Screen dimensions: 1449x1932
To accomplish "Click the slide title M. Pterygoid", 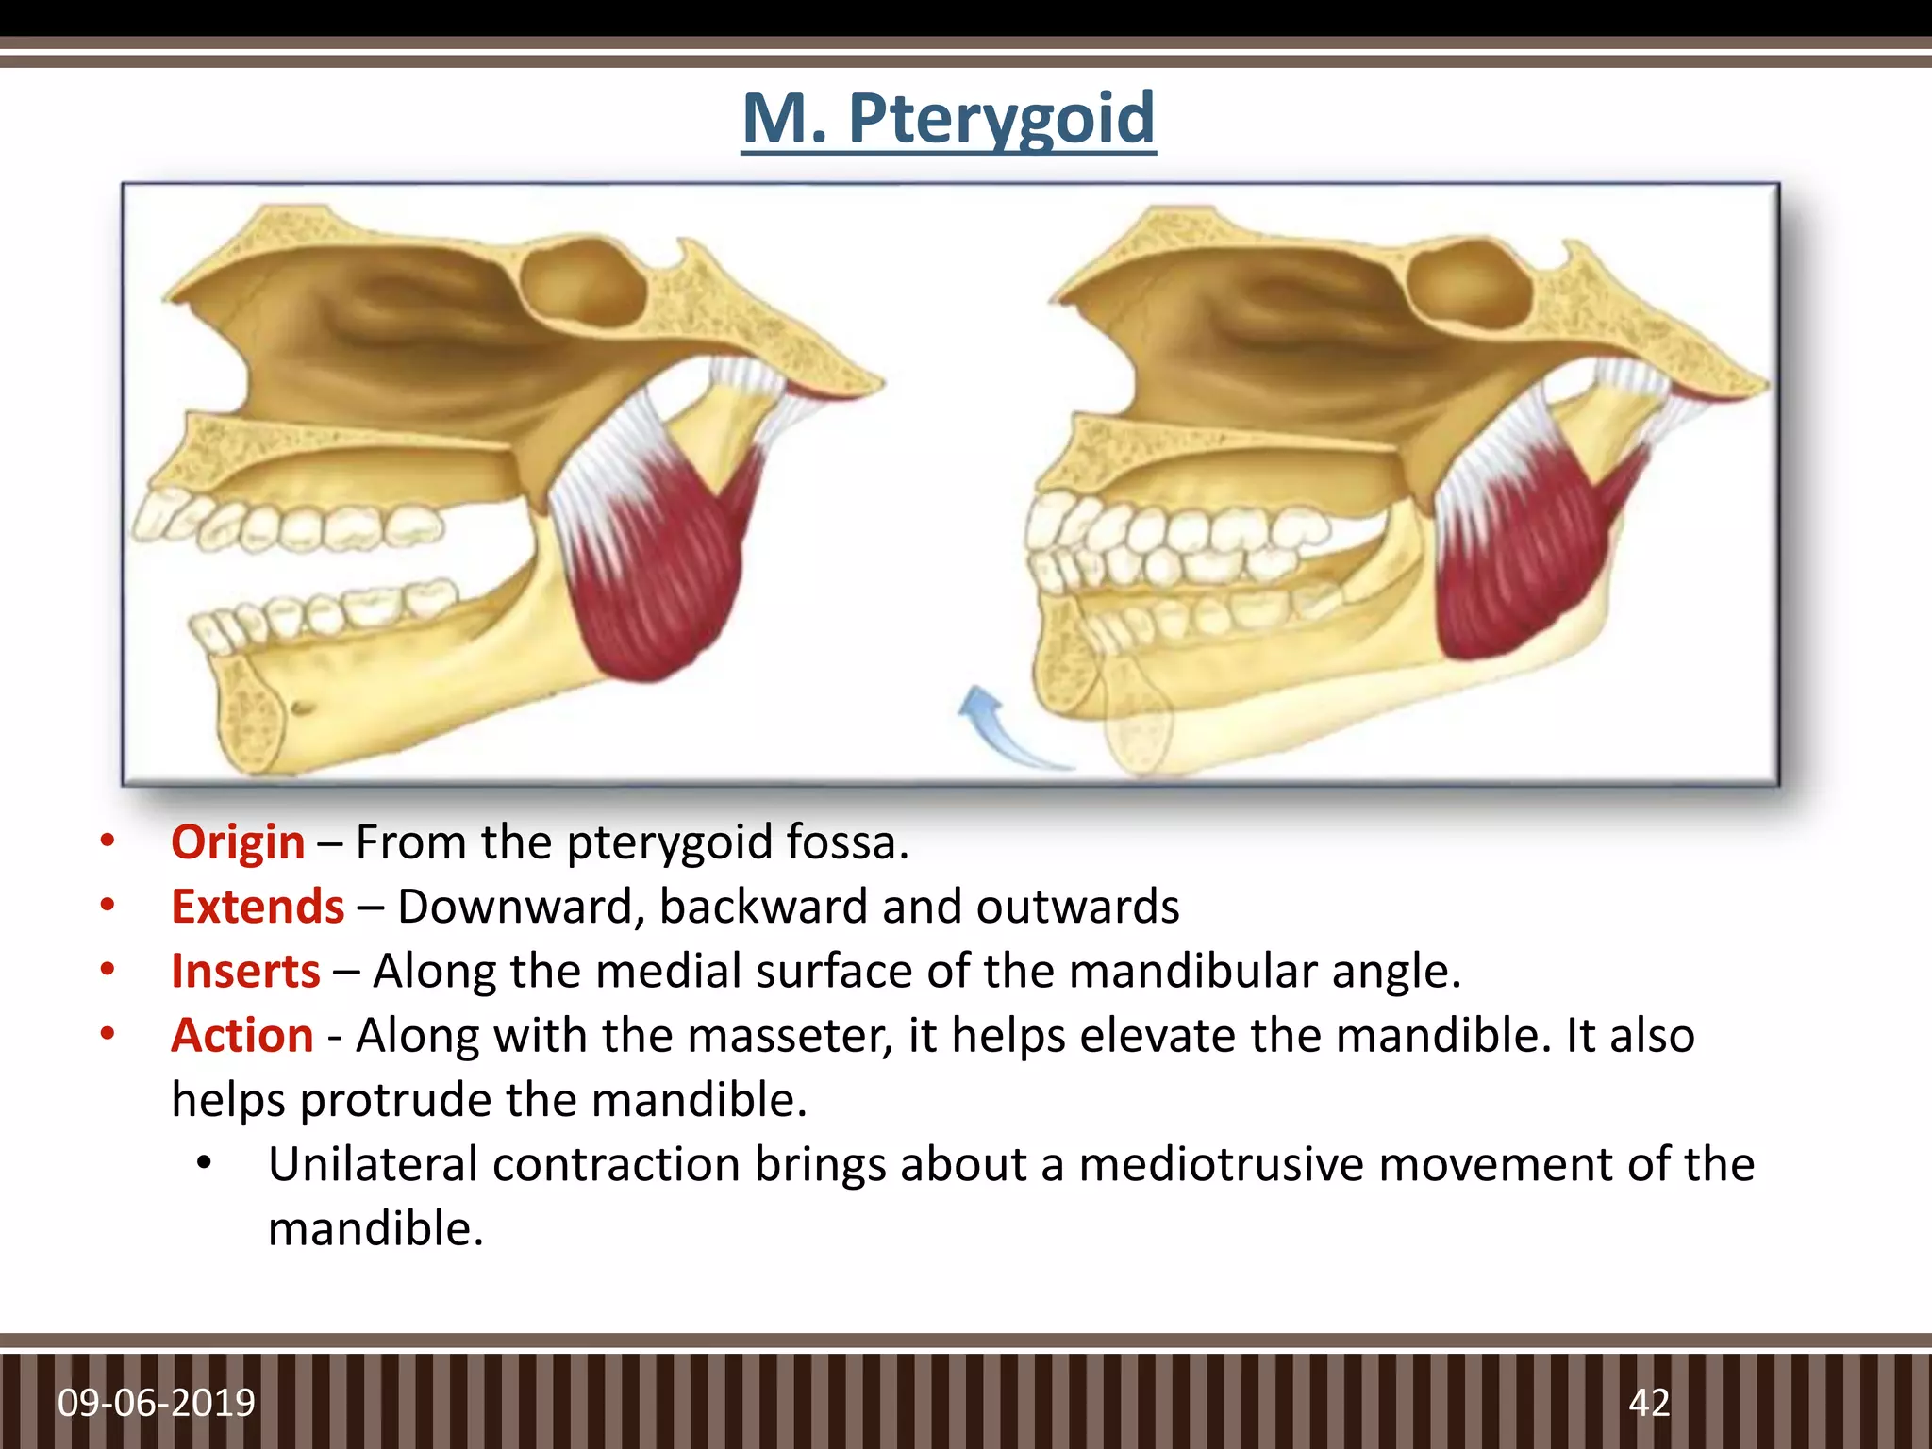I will [948, 118].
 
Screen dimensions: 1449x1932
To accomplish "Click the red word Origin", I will [238, 842].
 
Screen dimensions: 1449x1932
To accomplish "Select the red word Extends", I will [258, 907].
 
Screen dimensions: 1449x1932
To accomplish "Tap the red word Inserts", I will [245, 972].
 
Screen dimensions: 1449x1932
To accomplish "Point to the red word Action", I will [241, 1036].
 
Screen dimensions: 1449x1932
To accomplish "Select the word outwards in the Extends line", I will [1077, 907].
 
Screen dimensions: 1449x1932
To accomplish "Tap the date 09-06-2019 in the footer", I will [157, 1403].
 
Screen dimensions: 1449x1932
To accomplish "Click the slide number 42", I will [1649, 1403].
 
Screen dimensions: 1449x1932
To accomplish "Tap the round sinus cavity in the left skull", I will [582, 281].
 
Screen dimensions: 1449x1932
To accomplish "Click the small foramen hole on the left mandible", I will [302, 707].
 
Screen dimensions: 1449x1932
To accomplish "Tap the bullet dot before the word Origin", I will [108, 841].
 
